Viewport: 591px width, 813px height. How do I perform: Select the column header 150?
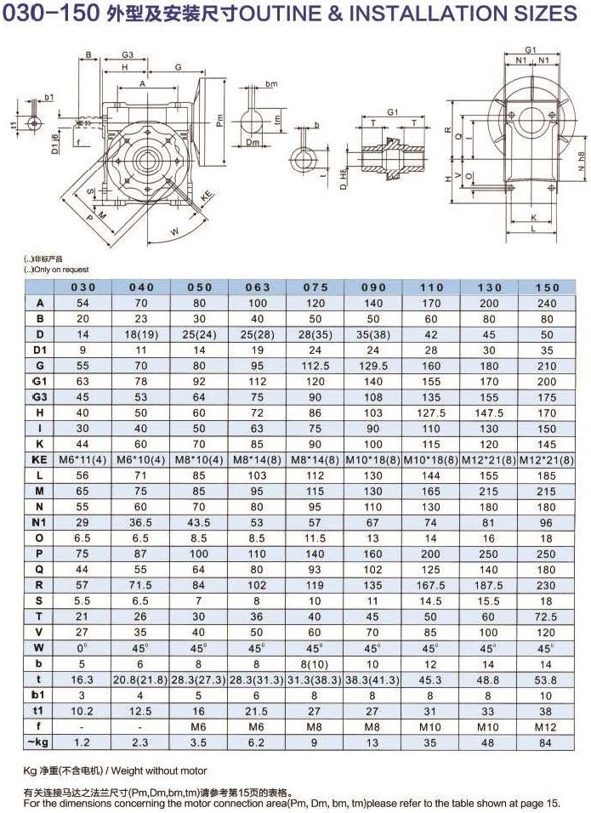point(548,287)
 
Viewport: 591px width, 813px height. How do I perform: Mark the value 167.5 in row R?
point(432,585)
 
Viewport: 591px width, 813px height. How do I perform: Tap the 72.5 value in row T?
point(548,616)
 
